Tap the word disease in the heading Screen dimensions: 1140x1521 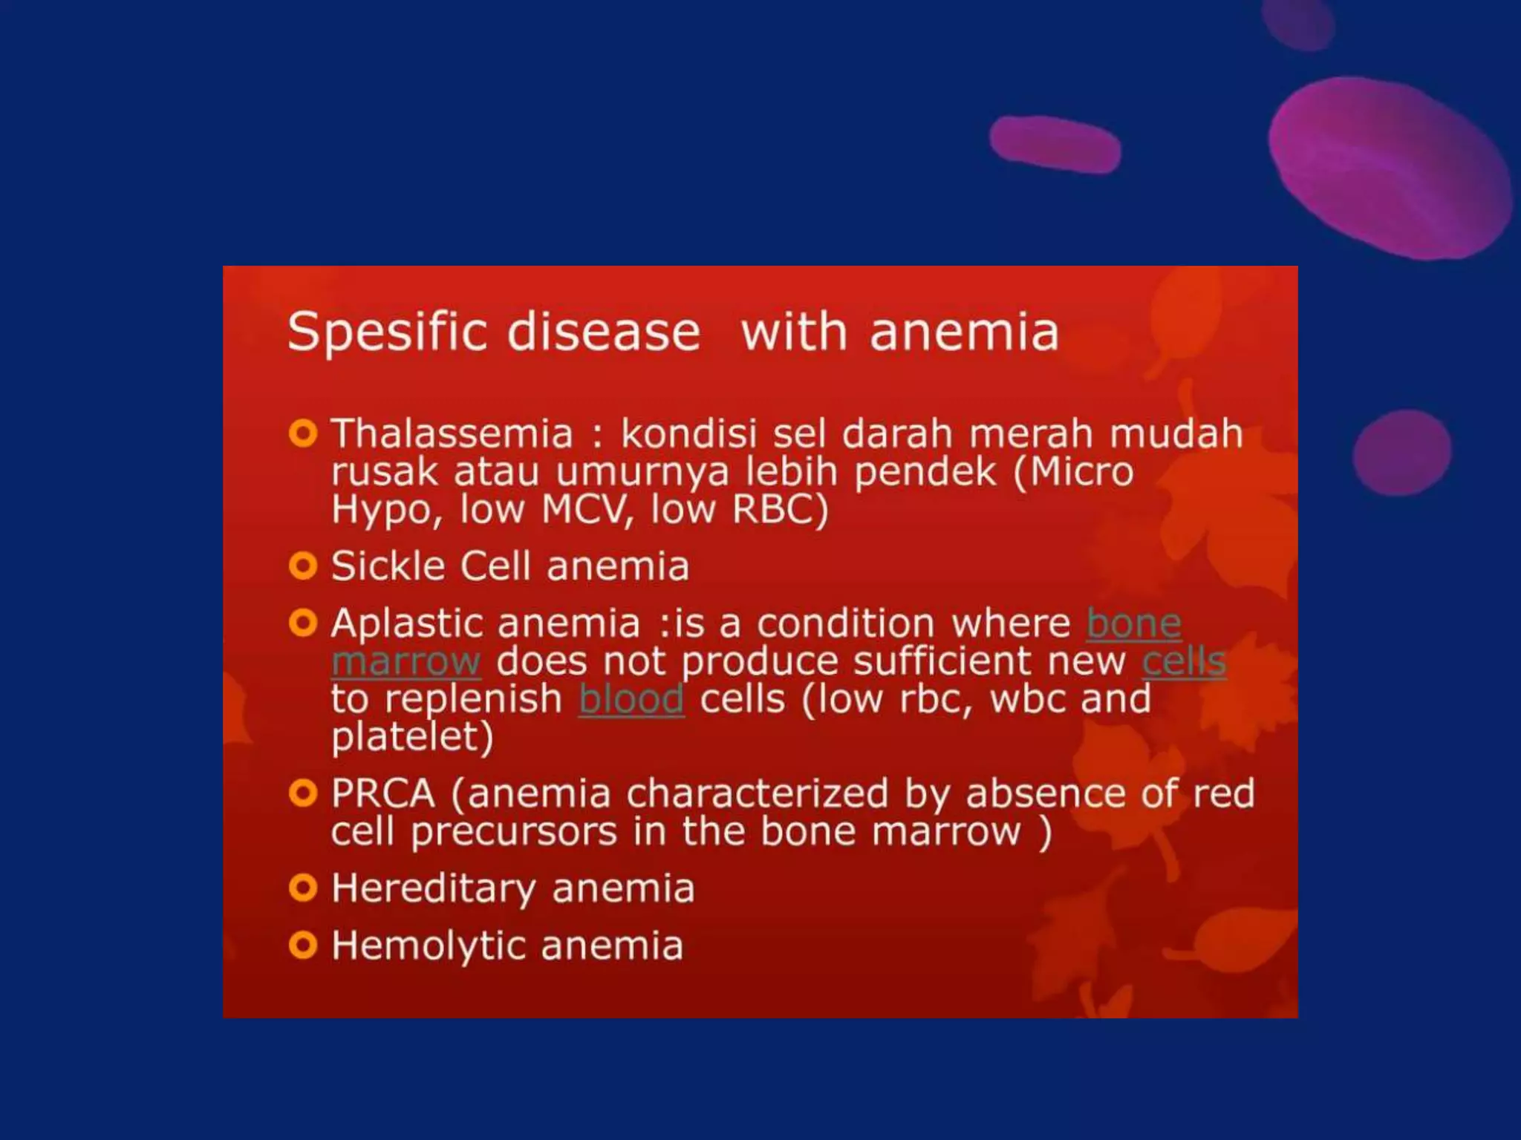(x=603, y=332)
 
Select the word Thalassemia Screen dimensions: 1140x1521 (x=452, y=433)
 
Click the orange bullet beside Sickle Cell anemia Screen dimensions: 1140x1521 (x=303, y=566)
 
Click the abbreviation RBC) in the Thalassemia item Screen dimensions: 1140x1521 (x=780, y=510)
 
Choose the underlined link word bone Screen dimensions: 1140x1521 (x=1133, y=623)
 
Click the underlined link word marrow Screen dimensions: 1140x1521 (x=406, y=661)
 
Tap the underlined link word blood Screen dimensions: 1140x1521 (x=631, y=699)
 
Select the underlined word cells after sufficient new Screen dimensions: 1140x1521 (x=1184, y=661)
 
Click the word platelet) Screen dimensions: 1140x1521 (x=412, y=738)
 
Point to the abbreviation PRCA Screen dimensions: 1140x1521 (x=382, y=793)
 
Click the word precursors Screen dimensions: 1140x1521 (x=514, y=831)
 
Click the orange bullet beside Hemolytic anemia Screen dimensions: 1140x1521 (x=303, y=946)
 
